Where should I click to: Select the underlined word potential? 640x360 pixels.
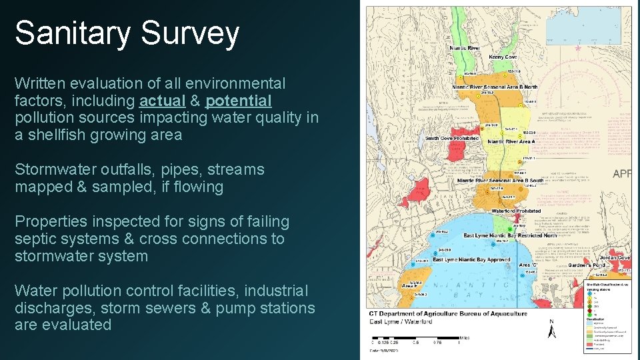239,101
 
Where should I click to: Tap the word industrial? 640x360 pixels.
275,291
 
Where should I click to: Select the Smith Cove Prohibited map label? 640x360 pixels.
452,139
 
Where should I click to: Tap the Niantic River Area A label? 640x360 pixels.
511,141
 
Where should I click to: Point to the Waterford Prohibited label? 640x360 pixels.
516,211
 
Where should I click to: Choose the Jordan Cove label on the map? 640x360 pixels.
614,257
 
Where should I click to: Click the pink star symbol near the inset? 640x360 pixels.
577,49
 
